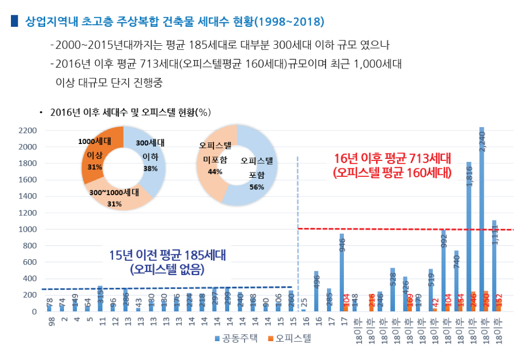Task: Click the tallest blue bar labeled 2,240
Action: tap(481, 218)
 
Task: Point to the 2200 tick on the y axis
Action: tap(27, 131)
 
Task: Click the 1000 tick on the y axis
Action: tap(27, 229)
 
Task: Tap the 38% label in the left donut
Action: tap(150, 169)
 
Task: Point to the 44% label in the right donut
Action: tap(215, 172)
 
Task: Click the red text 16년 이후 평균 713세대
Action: tap(392, 159)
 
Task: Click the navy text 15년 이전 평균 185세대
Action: tap(167, 256)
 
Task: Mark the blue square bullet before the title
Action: tap(13, 21)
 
